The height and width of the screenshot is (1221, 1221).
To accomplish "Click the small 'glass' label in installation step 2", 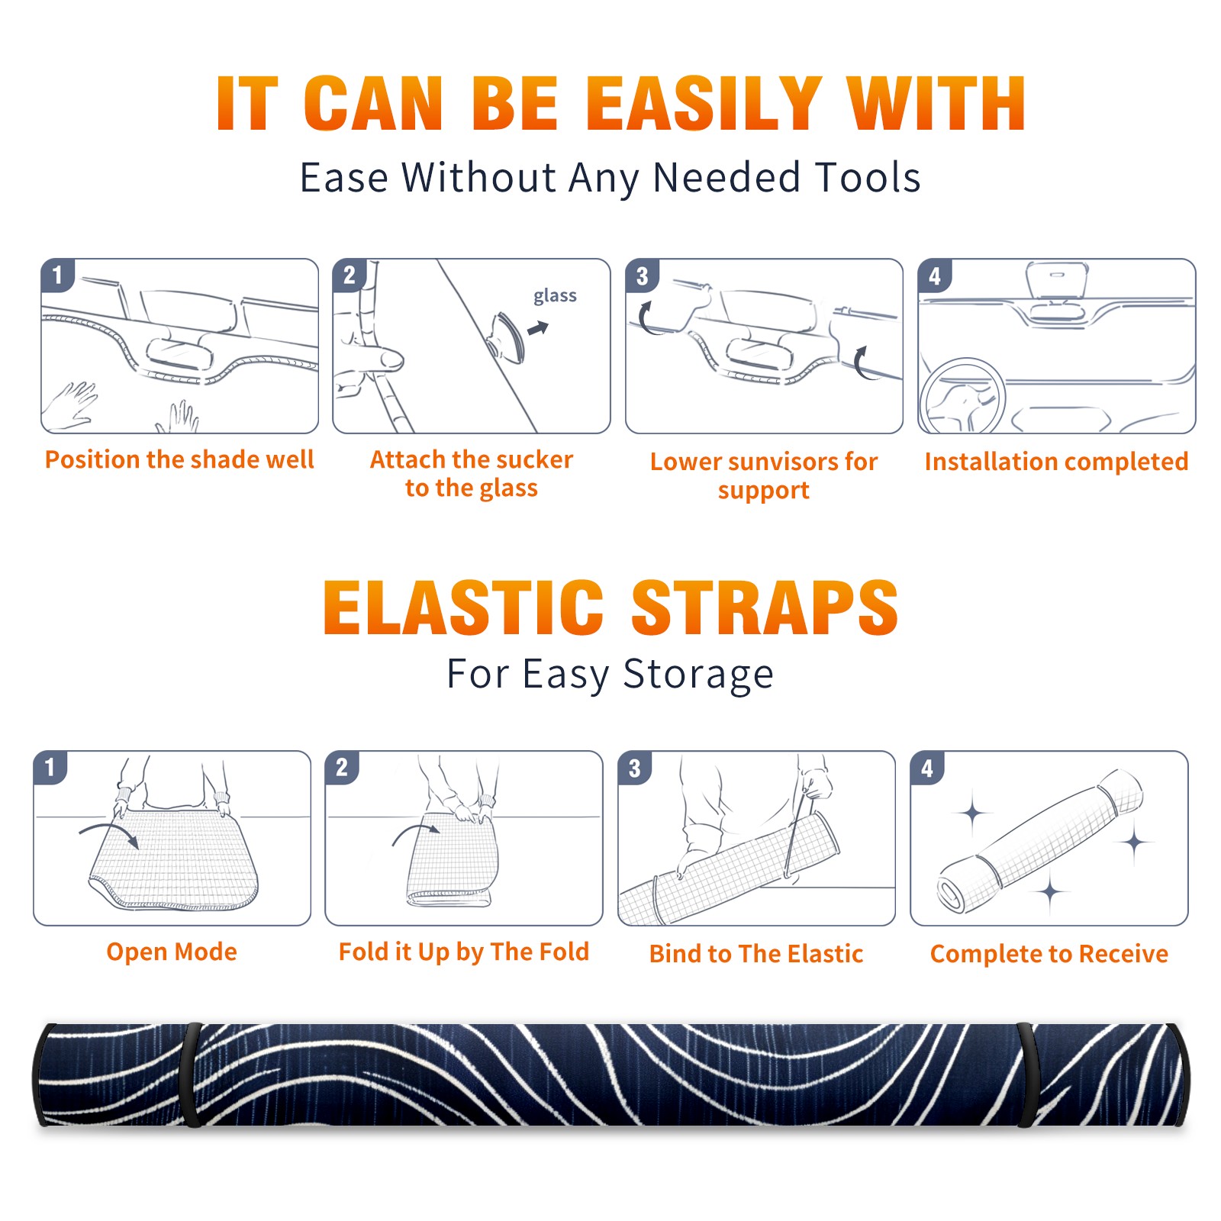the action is (555, 296).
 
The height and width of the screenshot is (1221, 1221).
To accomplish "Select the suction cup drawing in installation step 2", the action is (507, 337).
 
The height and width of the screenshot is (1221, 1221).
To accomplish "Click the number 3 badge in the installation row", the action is (642, 275).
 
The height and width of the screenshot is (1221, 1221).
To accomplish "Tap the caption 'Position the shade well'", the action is (179, 459).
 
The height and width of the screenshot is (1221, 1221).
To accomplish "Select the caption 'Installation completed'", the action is (1056, 461).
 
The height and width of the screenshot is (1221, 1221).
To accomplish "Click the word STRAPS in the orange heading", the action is (765, 607).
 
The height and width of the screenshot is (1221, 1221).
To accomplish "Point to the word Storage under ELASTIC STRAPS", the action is (698, 675).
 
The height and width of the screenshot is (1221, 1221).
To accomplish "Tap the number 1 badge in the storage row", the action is (50, 767).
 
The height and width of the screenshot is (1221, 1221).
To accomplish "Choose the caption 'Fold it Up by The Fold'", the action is (464, 952).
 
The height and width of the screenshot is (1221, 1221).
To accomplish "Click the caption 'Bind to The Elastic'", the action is (756, 953).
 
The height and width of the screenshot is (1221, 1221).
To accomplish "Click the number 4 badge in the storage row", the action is (927, 768).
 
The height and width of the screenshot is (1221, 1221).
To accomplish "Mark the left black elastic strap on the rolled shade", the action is (192, 1074).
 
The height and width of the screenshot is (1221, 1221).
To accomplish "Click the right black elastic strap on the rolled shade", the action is (1026, 1074).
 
